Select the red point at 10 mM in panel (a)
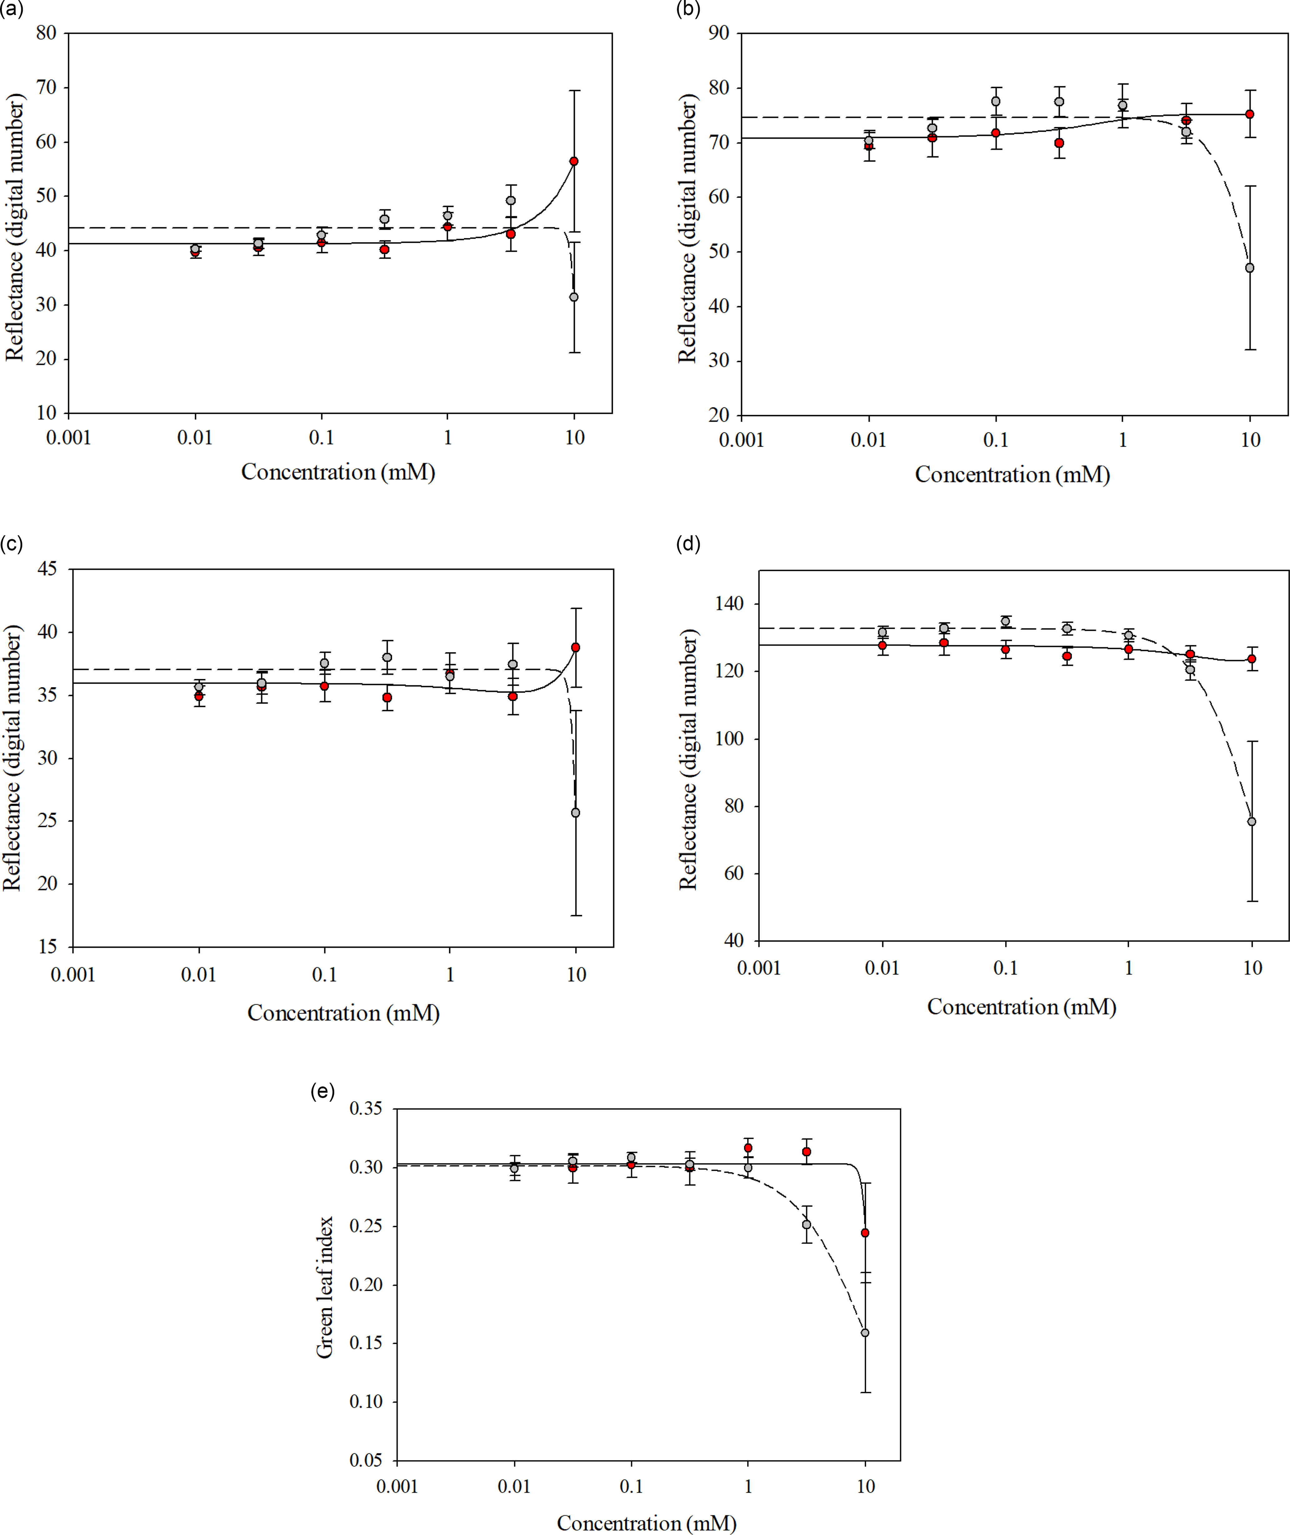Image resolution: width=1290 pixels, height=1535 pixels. (x=574, y=161)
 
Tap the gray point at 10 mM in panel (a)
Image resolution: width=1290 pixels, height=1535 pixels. (x=574, y=297)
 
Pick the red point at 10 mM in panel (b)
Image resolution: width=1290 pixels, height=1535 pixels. (x=1250, y=114)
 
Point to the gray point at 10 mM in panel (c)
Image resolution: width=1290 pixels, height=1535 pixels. (x=576, y=813)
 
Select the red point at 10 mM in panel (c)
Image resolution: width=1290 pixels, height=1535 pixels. (x=576, y=647)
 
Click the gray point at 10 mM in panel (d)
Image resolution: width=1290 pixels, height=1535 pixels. (x=1252, y=821)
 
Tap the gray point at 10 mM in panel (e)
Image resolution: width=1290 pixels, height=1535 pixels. (x=865, y=1332)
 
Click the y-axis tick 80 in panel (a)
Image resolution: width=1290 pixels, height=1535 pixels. (x=46, y=33)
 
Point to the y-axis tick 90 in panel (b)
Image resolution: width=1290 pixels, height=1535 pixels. (x=719, y=33)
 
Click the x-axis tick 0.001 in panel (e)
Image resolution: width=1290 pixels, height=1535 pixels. (x=397, y=1486)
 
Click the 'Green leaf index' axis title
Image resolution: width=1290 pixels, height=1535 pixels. (x=325, y=1287)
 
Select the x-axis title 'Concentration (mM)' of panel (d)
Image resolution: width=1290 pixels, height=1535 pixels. (x=1022, y=1007)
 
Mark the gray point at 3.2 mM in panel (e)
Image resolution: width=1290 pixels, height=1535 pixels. (x=806, y=1224)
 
